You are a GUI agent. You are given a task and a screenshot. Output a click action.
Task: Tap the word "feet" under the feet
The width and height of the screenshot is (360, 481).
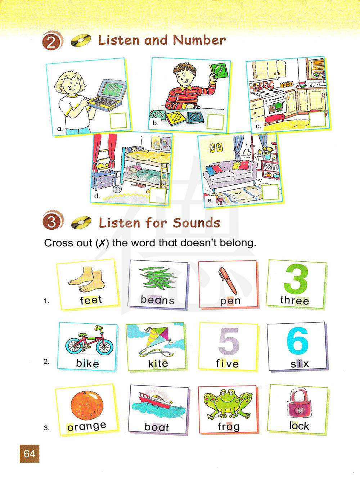91,300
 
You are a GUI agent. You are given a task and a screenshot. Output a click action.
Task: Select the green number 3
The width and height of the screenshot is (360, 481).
296,279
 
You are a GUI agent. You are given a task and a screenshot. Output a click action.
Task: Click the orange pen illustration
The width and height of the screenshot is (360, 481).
228,281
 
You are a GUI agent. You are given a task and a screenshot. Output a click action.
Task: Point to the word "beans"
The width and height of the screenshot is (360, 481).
158,300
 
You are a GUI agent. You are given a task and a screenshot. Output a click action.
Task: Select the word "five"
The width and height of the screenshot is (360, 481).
227,364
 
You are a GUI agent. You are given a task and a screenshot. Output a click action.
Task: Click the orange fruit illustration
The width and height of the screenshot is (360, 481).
87,405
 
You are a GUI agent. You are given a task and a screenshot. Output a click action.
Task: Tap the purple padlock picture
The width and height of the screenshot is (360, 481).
299,403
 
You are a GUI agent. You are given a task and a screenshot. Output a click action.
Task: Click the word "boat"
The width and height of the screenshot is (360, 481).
157,427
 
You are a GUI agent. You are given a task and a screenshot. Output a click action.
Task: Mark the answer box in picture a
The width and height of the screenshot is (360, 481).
118,121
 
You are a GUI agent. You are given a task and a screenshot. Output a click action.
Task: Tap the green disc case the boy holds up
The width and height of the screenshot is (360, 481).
219,71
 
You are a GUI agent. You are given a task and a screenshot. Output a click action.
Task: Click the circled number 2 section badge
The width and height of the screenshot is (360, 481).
51,41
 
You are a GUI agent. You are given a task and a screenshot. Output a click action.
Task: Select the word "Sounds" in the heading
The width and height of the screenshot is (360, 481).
196,223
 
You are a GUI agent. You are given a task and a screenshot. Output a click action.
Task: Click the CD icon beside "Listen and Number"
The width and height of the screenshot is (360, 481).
81,40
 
